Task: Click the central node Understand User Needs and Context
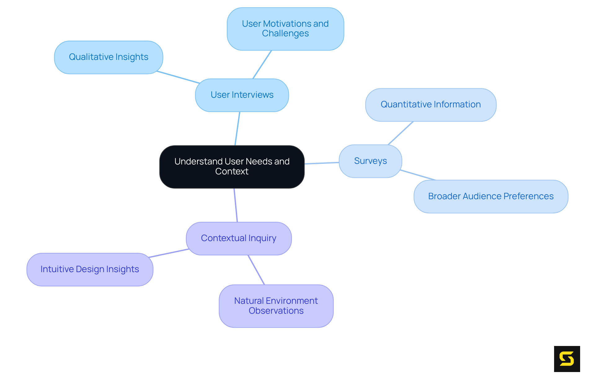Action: click(232, 167)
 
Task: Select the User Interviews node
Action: click(242, 95)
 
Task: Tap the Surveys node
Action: click(370, 161)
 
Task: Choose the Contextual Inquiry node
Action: click(239, 238)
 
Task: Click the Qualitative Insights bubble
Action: click(108, 57)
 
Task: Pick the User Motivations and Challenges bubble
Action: click(285, 29)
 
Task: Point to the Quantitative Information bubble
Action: click(430, 105)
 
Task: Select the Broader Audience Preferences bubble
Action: click(491, 196)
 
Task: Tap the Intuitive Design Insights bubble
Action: click(90, 269)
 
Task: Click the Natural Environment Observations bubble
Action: click(276, 306)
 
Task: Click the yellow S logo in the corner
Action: click(567, 359)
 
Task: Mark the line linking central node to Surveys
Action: click(322, 163)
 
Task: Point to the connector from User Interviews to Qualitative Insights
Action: click(178, 77)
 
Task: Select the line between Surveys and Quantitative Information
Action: click(400, 133)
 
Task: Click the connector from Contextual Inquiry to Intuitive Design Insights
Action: click(169, 253)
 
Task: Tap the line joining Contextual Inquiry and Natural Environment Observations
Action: click(256, 270)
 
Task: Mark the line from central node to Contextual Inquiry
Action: click(236, 205)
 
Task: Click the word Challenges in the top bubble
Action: click(285, 34)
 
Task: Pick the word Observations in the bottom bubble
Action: click(276, 311)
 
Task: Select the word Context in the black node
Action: click(232, 172)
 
